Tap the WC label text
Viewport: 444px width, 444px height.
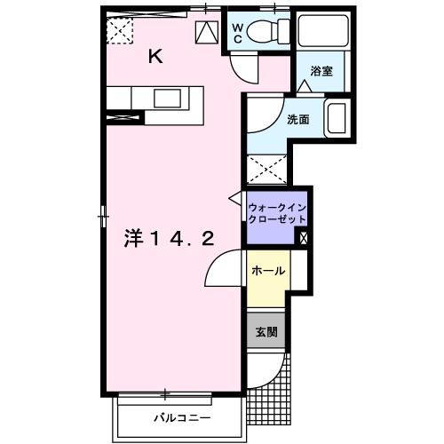tap(237, 33)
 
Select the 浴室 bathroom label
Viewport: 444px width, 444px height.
tap(321, 71)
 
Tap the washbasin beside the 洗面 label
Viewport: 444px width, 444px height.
tap(337, 119)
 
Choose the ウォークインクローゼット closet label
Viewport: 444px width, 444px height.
tap(278, 213)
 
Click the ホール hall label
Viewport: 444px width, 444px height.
tap(267, 271)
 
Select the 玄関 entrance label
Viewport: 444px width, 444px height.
tap(267, 333)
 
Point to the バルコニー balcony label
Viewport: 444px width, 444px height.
tap(180, 417)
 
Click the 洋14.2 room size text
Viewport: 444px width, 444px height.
tap(169, 238)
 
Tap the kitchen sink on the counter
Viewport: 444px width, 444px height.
tap(167, 98)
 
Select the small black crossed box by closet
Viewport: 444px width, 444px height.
tap(305, 237)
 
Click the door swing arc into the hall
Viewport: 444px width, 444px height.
tap(220, 268)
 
